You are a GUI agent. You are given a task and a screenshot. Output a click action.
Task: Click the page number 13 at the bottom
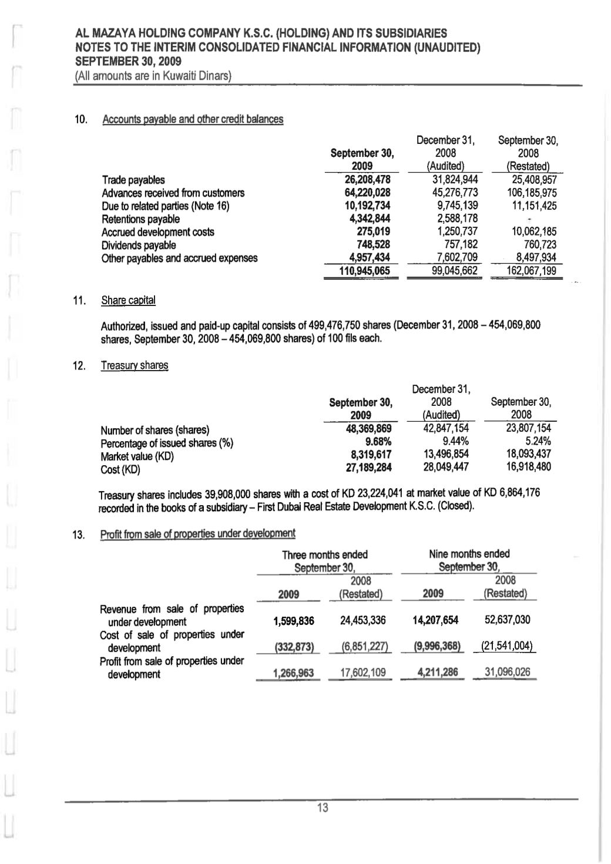[x=322, y=808]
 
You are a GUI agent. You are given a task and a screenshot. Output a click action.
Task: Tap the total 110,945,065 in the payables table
[x=363, y=271]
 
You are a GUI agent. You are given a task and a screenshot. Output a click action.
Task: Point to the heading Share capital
[x=128, y=301]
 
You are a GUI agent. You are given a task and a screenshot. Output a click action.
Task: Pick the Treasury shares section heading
[x=135, y=365]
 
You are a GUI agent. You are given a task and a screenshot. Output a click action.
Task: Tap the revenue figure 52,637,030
[x=508, y=620]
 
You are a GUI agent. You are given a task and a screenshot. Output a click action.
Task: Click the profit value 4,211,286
[x=435, y=673]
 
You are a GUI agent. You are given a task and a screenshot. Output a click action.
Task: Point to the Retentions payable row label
[x=140, y=219]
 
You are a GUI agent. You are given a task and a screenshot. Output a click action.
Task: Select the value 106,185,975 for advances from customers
[x=531, y=193]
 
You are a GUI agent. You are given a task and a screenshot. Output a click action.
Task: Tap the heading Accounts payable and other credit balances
[x=193, y=119]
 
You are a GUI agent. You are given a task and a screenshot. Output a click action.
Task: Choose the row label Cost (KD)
[x=120, y=469]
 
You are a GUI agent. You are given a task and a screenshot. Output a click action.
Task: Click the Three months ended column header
[x=324, y=555]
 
